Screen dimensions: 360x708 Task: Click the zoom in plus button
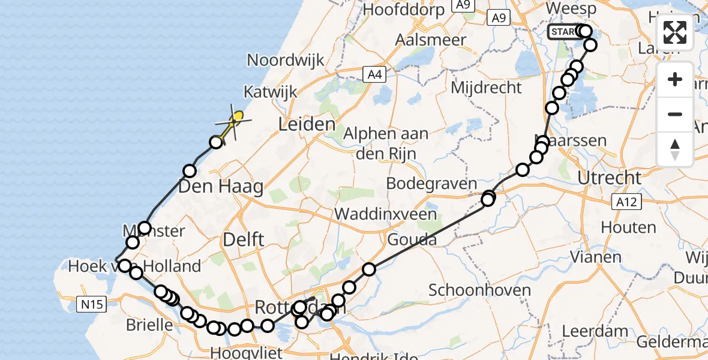(x=675, y=79)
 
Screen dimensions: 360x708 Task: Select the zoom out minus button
(x=675, y=114)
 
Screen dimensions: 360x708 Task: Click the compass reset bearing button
(x=675, y=149)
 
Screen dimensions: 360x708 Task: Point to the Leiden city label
(x=307, y=125)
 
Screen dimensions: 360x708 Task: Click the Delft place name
(x=243, y=239)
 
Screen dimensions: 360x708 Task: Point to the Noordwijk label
(x=286, y=60)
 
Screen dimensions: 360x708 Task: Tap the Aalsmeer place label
(x=431, y=40)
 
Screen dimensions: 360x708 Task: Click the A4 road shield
(x=373, y=74)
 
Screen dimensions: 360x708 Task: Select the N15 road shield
(x=92, y=305)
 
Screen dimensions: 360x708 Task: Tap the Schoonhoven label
(x=479, y=290)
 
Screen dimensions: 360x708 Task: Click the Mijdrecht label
(x=486, y=88)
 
